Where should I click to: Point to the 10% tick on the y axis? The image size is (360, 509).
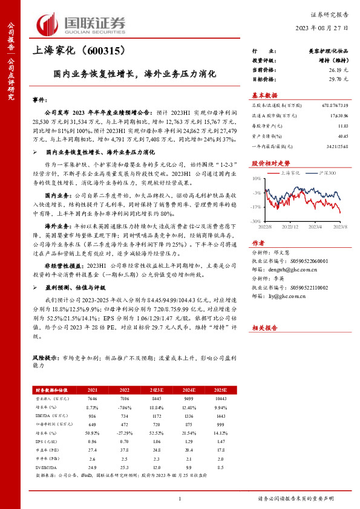pos(257,179)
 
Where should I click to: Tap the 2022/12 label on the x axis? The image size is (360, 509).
pos(291,227)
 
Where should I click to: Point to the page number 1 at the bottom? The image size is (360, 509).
pos(180,498)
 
